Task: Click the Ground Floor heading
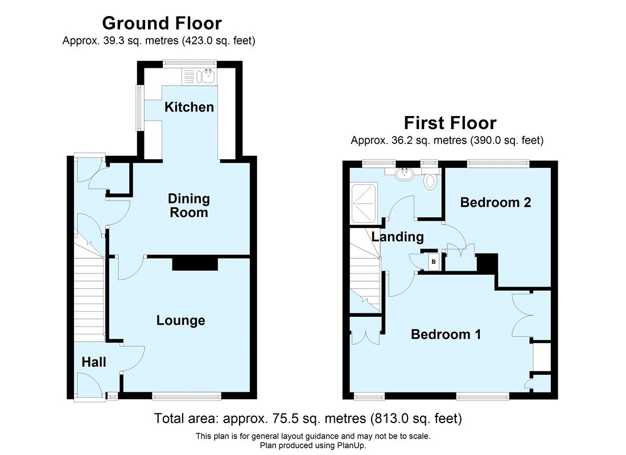162,23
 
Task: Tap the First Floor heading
450,123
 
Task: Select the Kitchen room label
189,107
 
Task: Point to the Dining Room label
188,206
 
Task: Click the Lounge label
180,321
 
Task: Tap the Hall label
94,362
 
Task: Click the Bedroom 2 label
495,202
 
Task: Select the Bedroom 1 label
446,334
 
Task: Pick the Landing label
398,237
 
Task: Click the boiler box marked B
434,262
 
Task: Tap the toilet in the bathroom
430,180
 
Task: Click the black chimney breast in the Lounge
195,263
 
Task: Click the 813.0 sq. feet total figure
416,419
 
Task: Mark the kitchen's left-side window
139,107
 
